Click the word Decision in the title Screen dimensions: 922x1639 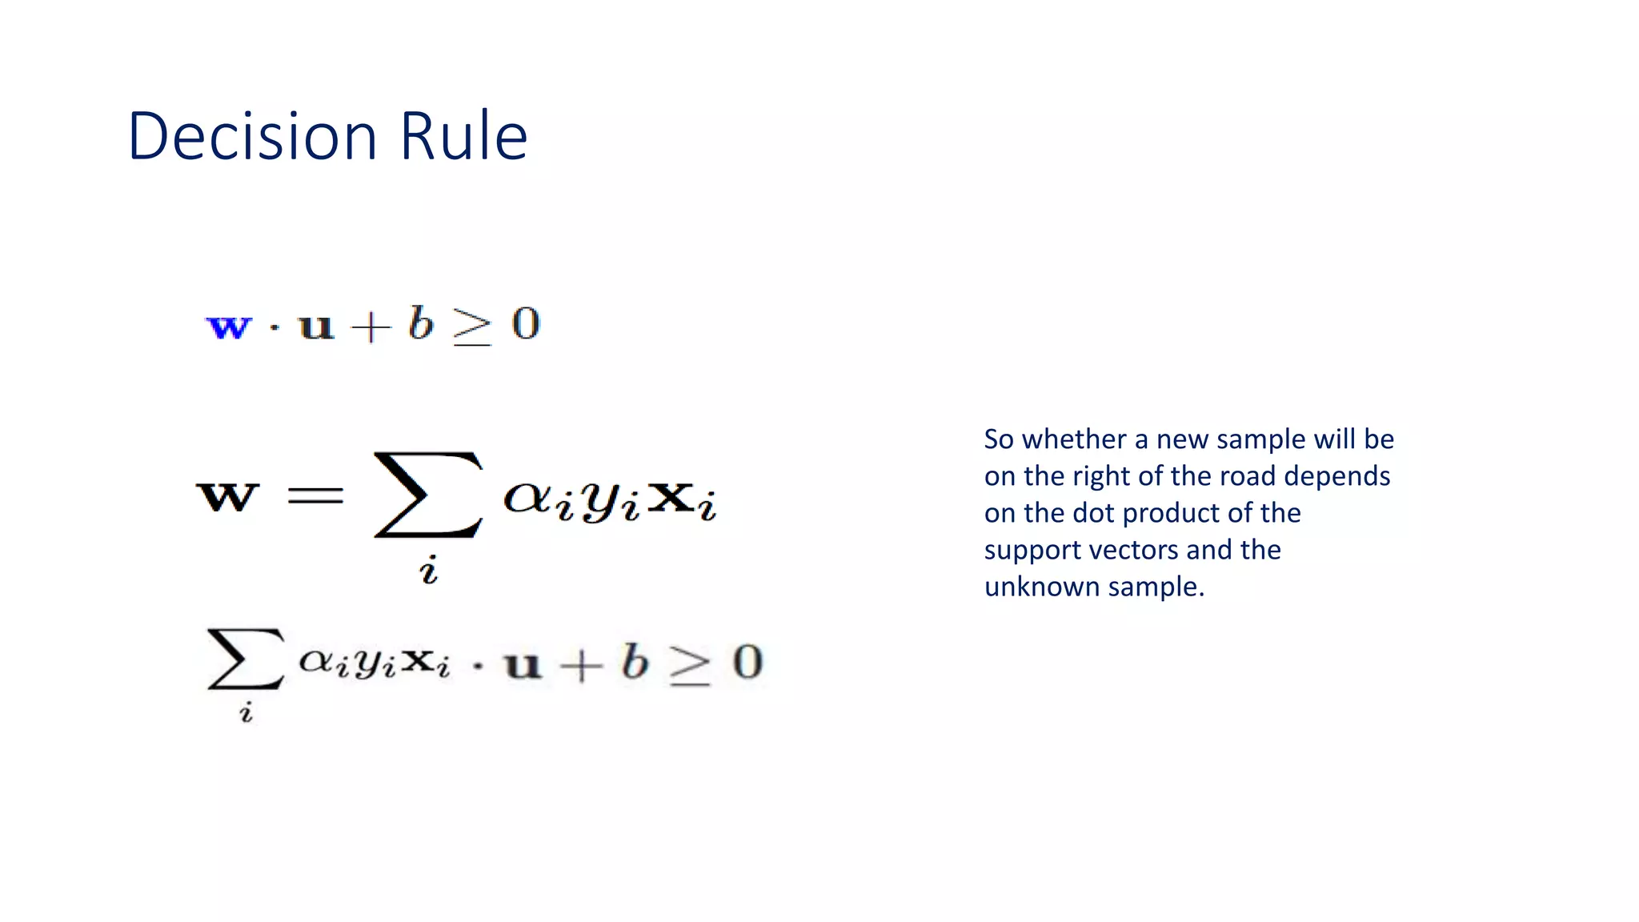tap(252, 136)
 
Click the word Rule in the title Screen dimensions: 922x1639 tap(463, 136)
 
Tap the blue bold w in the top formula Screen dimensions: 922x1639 tap(229, 327)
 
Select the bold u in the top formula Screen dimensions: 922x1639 tap(315, 327)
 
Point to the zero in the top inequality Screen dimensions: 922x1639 tap(526, 324)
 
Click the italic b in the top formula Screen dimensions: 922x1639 tap(420, 323)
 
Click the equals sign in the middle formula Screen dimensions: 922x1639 tap(315, 496)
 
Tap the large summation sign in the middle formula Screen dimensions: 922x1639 tap(428, 494)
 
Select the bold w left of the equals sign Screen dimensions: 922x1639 tap(228, 496)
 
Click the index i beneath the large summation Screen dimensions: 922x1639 tap(429, 570)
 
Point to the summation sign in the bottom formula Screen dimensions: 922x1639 tap(245, 659)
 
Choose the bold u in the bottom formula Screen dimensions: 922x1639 tap(523, 665)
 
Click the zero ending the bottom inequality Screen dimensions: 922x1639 tap(747, 663)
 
